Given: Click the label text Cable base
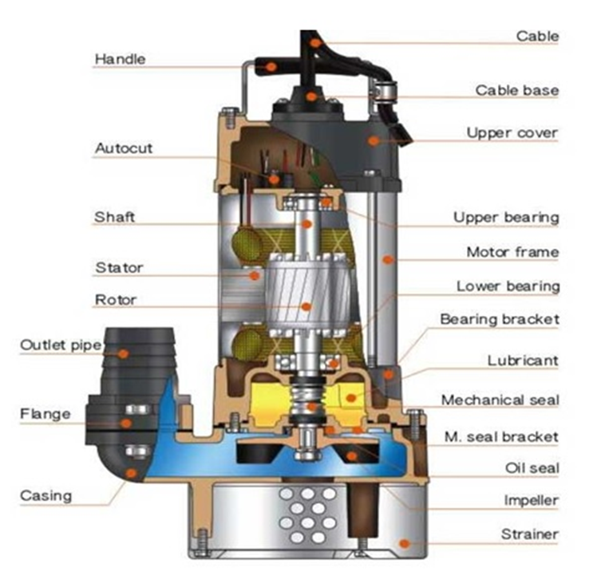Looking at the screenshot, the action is click(517, 91).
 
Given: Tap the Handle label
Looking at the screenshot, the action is click(120, 59).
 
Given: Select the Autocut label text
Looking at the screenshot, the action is click(124, 148).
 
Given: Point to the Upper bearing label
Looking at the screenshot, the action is click(506, 218).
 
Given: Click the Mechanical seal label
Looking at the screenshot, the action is click(500, 400).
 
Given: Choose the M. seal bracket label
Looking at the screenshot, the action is click(501, 437).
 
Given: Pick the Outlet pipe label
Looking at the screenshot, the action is click(61, 345).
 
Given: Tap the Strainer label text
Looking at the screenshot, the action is click(530, 534).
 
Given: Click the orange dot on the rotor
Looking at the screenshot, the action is click(306, 306).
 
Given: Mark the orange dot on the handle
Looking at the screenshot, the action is click(271, 67).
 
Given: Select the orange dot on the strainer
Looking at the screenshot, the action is click(405, 544).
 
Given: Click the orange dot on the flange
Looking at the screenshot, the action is click(126, 423).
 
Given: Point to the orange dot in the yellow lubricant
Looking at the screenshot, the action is click(351, 398).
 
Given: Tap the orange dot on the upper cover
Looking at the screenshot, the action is click(374, 140).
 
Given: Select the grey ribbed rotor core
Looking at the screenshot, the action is click(308, 295).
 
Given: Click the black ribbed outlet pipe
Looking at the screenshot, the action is click(136, 361).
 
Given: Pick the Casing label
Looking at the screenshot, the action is click(45, 496).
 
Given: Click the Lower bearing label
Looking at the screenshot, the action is click(508, 286).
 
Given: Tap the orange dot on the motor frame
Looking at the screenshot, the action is click(388, 260).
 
